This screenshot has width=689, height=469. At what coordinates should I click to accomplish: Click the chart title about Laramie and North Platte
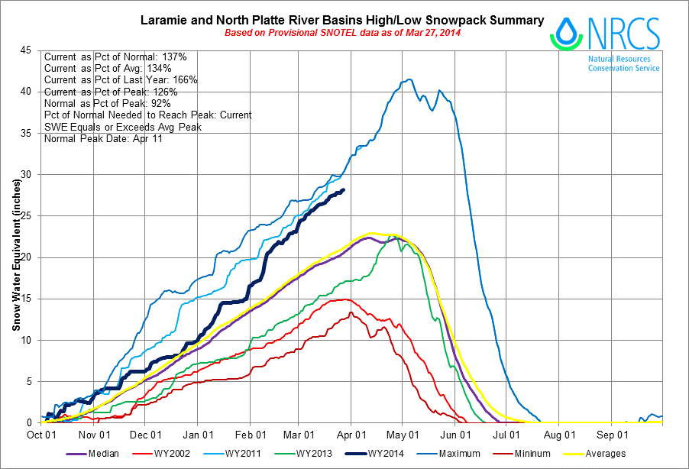pyautogui.click(x=342, y=20)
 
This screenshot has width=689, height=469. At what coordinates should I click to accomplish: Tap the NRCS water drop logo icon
pyautogui.click(x=567, y=33)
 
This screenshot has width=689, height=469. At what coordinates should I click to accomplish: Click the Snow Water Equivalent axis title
pyautogui.click(x=15, y=237)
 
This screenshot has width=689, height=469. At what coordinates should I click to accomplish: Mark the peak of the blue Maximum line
pyautogui.click(x=410, y=79)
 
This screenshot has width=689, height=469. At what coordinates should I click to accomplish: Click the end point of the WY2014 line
pyautogui.click(x=344, y=189)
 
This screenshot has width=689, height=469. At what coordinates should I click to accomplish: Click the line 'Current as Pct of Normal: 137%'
pyautogui.click(x=111, y=57)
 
